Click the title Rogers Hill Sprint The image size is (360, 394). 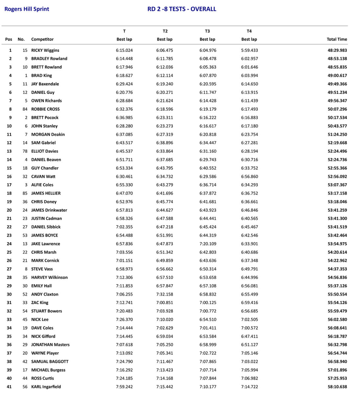pos(27,9)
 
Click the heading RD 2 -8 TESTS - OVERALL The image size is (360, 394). pos(182,9)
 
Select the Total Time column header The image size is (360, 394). pos(337,39)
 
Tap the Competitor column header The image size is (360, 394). pos(42,39)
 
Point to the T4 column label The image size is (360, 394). pos(249,31)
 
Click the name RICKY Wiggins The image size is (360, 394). pos(45,50)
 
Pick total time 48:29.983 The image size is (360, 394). pos(337,50)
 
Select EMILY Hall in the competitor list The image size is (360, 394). pos(41,286)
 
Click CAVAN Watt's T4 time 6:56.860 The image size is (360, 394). pos(249,176)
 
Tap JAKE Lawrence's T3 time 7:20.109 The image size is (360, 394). pos(208,244)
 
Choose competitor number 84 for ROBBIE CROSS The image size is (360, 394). pos(25,109)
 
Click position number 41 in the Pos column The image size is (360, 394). pos(9,387)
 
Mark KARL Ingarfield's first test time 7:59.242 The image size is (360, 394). pos(124,387)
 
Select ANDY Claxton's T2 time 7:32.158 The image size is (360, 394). pos(165,294)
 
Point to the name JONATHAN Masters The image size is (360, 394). pos(50,345)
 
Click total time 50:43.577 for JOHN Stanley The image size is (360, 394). pos(337,126)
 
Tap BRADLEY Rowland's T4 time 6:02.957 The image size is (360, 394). pos(249,58)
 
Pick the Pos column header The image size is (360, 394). pos(9,39)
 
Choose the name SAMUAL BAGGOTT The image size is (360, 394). pos(50,361)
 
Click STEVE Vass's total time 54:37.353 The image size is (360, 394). pos(337,269)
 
